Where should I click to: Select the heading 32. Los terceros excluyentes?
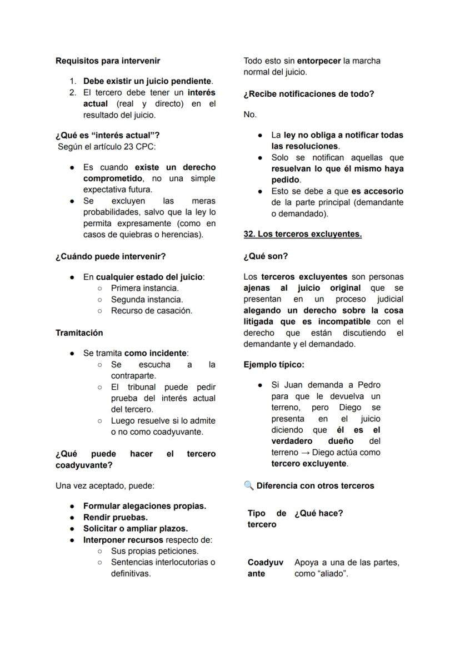(303, 234)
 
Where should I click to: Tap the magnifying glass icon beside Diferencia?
(248, 485)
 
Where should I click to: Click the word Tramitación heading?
(79, 333)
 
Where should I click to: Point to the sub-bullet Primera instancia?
(144, 288)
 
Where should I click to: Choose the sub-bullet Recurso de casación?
(151, 310)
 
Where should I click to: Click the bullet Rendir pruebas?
(115, 517)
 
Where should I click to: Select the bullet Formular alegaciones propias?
(144, 506)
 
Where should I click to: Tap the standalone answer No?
(250, 114)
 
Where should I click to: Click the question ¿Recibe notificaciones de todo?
(309, 94)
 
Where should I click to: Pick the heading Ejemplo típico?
(274, 365)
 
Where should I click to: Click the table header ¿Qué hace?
(318, 513)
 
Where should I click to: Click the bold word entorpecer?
(319, 61)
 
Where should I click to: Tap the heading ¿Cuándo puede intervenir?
(111, 256)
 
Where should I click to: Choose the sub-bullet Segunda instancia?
(147, 299)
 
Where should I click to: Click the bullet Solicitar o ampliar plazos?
(135, 528)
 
